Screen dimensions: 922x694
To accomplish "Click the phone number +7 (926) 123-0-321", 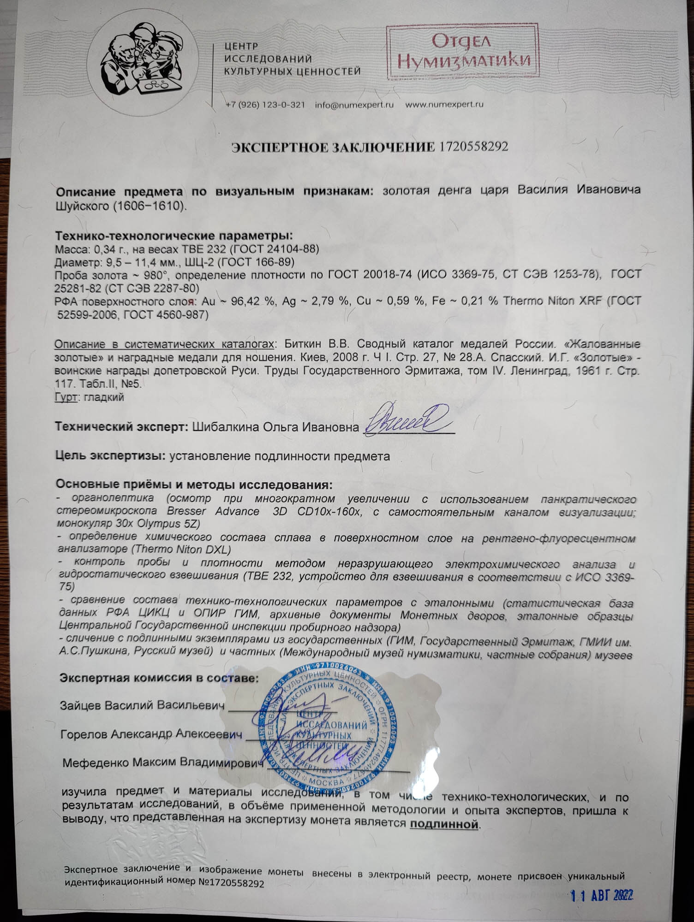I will [265, 105].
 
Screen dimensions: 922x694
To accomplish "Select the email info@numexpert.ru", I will [354, 105].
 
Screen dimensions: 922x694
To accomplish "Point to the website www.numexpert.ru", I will [444, 105].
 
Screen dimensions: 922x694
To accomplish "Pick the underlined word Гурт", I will [65, 397].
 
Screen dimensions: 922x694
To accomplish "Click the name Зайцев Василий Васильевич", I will [143, 706].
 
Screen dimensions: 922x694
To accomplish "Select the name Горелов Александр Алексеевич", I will [152, 734].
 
